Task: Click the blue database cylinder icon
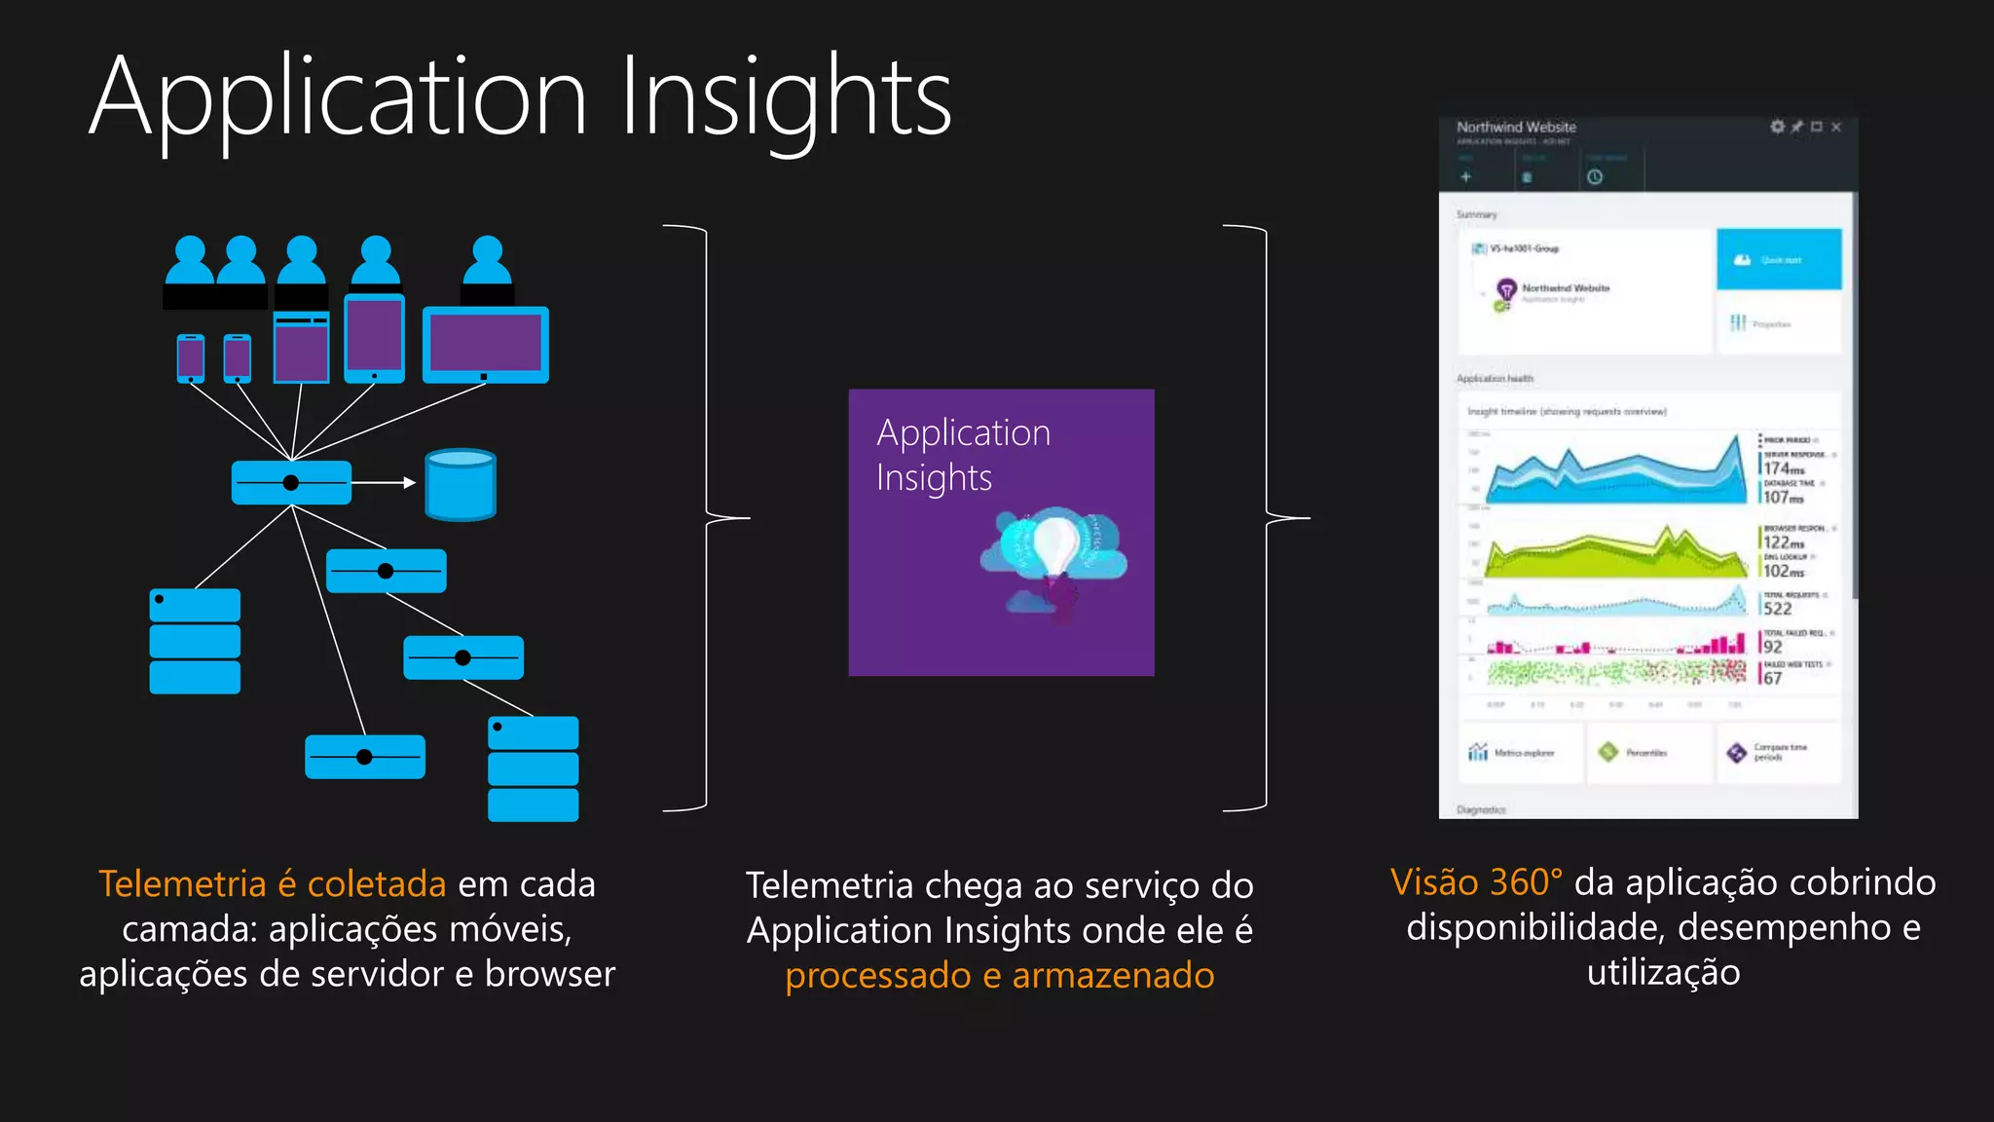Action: coord(461,484)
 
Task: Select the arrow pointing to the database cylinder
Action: coord(384,482)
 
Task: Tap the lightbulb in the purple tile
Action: coord(1053,545)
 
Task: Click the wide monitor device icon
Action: coord(486,345)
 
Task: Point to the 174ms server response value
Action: coord(1783,468)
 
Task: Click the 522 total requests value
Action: coord(1777,609)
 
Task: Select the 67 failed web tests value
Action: coord(1772,678)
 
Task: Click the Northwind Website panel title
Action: coord(1516,127)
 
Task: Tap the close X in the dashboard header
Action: coord(1836,127)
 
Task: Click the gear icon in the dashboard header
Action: coord(1777,127)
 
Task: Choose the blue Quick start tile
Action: coord(1779,259)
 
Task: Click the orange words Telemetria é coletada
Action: coord(273,883)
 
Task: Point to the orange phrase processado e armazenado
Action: coord(1000,975)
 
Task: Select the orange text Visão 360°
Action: coord(1476,881)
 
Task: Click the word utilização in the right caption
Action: coord(1663,972)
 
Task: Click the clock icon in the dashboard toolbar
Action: coord(1595,177)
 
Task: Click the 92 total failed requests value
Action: coord(1772,647)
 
